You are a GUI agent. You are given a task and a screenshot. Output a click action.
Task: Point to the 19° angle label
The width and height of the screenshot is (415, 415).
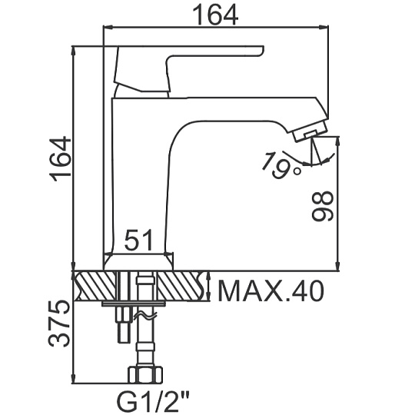tap(281, 165)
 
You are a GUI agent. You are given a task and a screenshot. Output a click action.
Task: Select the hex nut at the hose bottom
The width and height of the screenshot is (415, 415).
tap(145, 375)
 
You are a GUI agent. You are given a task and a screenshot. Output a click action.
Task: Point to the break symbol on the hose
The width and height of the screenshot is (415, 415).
tap(145, 315)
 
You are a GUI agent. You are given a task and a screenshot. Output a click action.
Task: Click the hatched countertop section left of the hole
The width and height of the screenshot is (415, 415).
tap(95, 286)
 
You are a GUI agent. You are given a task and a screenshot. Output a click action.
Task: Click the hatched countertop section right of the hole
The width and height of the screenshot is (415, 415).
tap(181, 286)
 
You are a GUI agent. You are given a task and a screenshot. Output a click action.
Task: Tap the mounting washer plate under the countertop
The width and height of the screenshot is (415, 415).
tap(134, 304)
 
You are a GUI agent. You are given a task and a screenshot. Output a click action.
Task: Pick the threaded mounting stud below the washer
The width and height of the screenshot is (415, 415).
tap(123, 325)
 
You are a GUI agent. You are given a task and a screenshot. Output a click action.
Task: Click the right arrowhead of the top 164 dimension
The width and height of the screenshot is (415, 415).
tap(324, 27)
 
